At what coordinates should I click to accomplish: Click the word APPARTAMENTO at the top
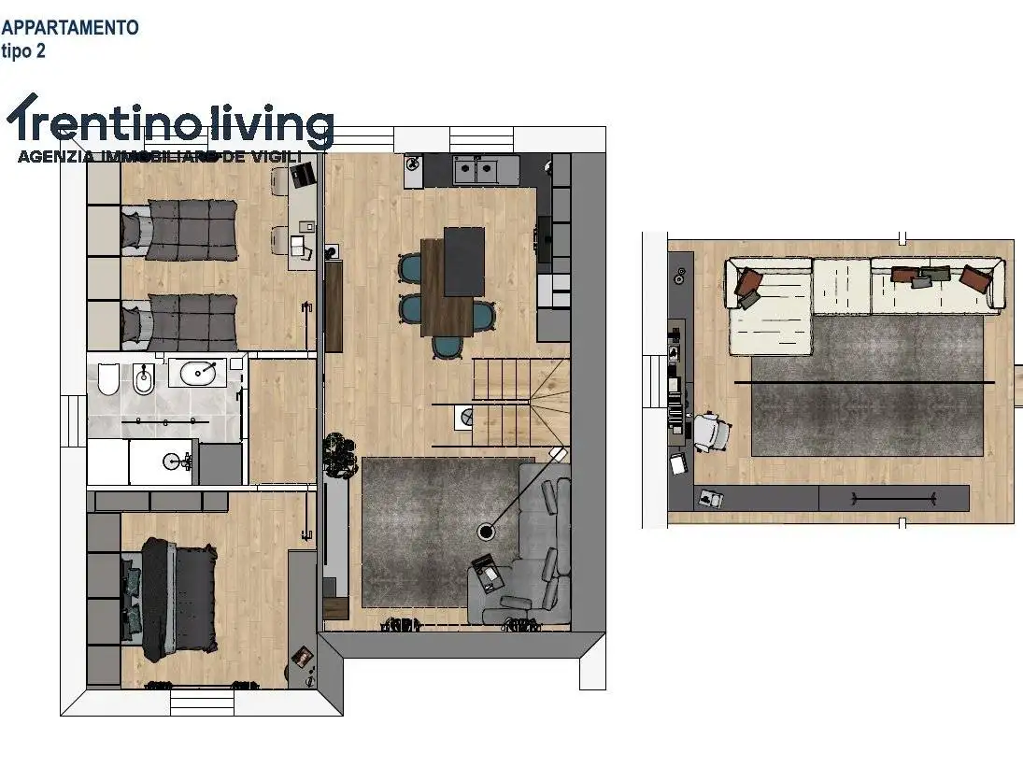point(70,27)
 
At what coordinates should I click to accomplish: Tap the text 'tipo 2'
point(23,50)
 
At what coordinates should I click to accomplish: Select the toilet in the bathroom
point(108,379)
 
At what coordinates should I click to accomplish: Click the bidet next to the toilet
point(143,379)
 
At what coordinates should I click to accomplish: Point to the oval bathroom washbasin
point(198,373)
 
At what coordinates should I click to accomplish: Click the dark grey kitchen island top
point(464,261)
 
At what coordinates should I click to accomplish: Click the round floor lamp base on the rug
point(486,532)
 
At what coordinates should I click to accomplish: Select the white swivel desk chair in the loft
point(711,432)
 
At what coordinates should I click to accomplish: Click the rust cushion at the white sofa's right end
point(975,277)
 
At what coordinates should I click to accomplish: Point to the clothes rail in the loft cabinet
point(894,500)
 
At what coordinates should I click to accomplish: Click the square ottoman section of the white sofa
point(842,286)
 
